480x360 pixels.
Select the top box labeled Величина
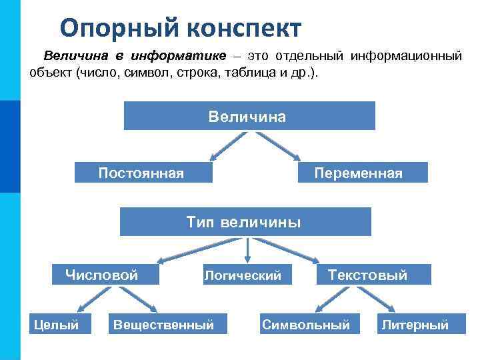click(x=249, y=116)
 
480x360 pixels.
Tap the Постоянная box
click(x=143, y=173)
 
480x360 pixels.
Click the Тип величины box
click(x=245, y=221)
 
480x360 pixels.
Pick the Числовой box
click(x=105, y=274)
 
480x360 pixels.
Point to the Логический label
click(x=243, y=275)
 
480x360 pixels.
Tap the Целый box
click(x=57, y=325)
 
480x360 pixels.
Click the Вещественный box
click(x=164, y=325)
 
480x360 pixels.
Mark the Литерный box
click(x=414, y=325)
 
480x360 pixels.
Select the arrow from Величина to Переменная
click(x=278, y=147)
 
